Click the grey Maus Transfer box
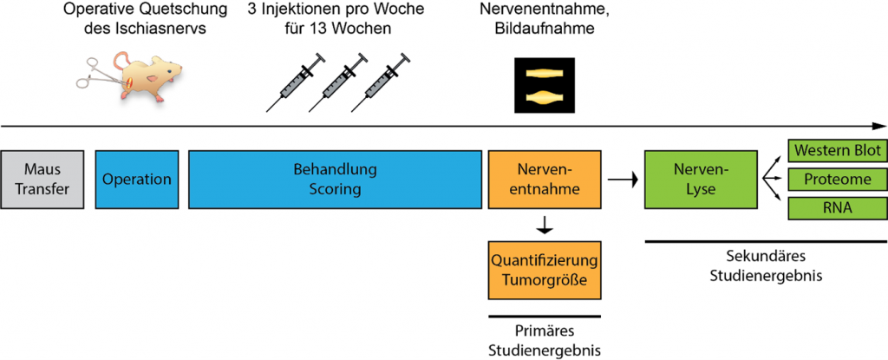coord(42,180)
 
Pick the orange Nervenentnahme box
coord(544,180)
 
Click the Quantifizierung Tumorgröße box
coord(544,269)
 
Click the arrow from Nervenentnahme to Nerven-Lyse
coord(621,180)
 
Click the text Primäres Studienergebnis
coord(544,341)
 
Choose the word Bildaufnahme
coord(543,30)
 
